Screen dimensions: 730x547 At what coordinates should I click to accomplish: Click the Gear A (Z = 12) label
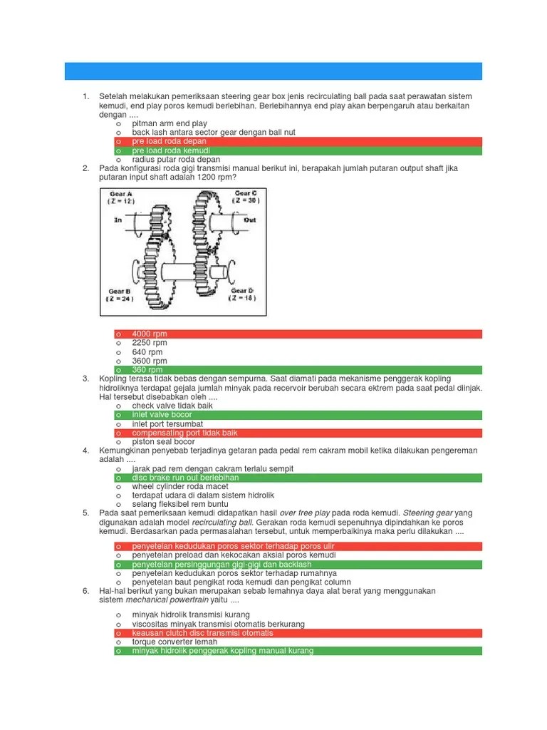[120, 197]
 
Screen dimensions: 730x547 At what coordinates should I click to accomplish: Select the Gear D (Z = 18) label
[243, 294]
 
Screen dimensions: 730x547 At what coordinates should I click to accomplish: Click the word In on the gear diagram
[118, 221]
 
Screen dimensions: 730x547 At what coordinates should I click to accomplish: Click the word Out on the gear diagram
[249, 220]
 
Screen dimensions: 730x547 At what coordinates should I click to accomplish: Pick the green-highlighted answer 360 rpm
[147, 370]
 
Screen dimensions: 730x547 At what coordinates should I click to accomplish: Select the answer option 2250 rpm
[150, 343]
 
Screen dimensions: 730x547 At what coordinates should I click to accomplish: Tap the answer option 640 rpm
[147, 352]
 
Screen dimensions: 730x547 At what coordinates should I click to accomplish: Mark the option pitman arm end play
[170, 123]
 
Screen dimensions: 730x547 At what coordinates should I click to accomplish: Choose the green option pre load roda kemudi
[171, 150]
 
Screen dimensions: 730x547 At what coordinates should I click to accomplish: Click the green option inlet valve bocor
[162, 415]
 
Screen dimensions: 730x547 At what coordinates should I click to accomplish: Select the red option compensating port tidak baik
[184, 433]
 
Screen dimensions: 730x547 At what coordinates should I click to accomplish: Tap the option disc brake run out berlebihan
[185, 478]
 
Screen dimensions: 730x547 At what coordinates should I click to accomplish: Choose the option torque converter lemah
[174, 642]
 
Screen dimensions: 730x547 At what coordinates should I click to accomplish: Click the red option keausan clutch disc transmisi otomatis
[202, 633]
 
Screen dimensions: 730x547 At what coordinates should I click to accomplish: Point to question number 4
[85, 451]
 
